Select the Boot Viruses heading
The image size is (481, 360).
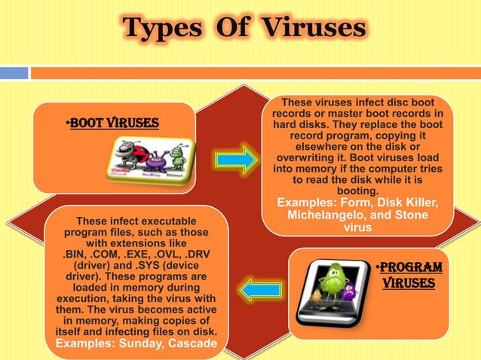click(112, 123)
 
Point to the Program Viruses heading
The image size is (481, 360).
click(409, 276)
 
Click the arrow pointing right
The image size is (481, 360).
click(235, 160)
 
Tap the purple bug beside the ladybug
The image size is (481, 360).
click(155, 160)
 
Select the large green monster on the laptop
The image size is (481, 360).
click(334, 282)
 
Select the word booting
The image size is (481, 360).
click(357, 192)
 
